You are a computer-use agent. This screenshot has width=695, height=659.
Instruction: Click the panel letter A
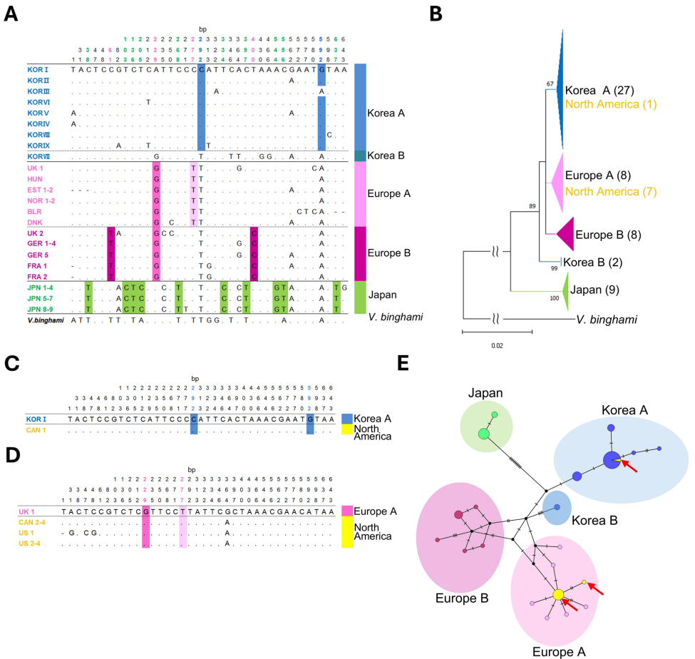pos(12,14)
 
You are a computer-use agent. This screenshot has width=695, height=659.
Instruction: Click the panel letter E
pos(403,365)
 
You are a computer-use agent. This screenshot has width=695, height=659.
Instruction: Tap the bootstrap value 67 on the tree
pos(550,84)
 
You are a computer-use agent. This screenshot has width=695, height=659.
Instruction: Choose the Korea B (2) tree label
pos(596,262)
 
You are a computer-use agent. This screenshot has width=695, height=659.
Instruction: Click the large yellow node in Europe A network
pos(558,595)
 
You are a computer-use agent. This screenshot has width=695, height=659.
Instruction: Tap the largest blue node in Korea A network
pos(611,460)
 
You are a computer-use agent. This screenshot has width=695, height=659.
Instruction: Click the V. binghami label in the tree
pos(606,320)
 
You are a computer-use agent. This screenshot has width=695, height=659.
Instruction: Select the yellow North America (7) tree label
pos(609,191)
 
